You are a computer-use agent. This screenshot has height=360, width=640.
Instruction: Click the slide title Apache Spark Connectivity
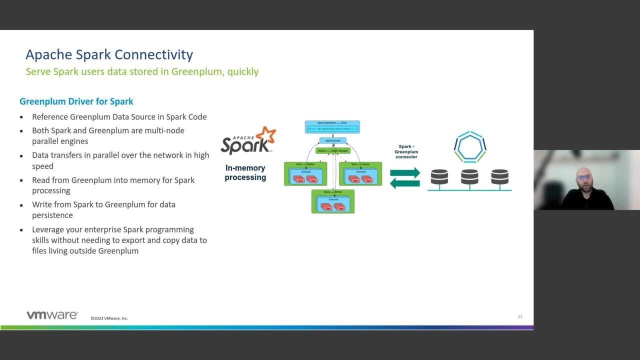(x=109, y=54)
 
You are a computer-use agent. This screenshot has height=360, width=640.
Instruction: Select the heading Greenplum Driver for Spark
(x=76, y=101)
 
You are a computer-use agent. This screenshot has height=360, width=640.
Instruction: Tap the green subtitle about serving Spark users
(x=142, y=71)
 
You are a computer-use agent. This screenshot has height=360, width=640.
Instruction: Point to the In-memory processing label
(x=245, y=172)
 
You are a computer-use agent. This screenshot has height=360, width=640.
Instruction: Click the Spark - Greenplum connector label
(x=406, y=151)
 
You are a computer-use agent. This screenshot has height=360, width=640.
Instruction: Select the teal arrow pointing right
(x=405, y=173)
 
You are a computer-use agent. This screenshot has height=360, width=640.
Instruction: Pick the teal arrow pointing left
(x=405, y=183)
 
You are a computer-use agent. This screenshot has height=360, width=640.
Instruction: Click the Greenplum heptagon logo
(x=470, y=147)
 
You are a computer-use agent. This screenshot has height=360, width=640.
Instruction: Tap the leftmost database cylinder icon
(x=439, y=176)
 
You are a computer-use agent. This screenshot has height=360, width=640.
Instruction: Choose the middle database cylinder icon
(x=469, y=176)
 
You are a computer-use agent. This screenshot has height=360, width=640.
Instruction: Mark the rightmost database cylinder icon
(x=499, y=176)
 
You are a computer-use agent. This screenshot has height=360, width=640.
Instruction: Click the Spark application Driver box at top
(x=332, y=127)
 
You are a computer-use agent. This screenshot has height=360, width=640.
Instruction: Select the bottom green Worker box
(x=333, y=201)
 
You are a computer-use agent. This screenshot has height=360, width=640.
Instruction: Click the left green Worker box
(x=305, y=173)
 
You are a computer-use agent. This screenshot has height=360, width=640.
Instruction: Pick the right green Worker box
(x=360, y=173)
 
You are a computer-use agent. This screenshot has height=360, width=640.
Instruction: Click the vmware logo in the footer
(x=52, y=315)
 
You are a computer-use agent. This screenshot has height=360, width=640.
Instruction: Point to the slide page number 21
(x=520, y=316)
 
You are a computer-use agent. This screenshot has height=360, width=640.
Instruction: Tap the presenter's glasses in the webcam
(x=583, y=177)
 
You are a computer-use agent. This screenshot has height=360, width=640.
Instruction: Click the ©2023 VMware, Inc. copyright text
(x=109, y=318)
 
